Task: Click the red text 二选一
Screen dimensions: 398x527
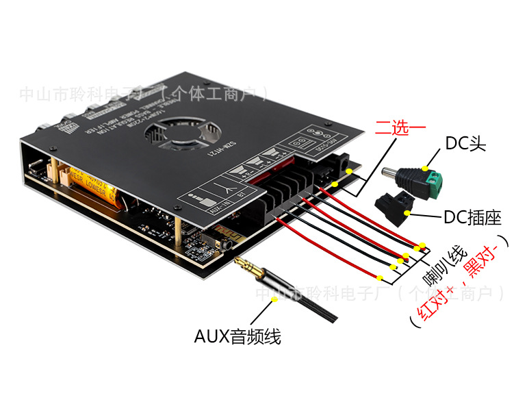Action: pos(398,128)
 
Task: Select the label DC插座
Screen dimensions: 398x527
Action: pos(473,218)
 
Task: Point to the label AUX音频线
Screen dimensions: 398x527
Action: pos(237,336)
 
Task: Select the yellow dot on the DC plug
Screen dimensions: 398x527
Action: pos(425,167)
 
